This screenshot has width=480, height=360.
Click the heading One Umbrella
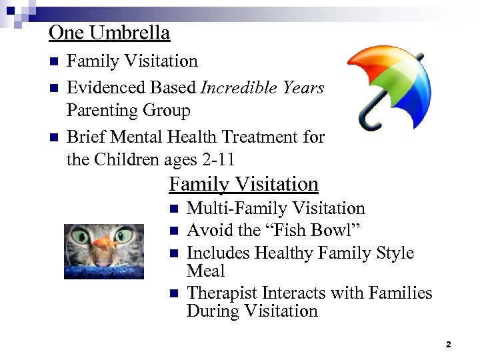109,32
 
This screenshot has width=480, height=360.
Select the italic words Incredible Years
262,87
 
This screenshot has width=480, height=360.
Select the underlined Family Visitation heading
243,184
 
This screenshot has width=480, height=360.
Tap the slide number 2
448,345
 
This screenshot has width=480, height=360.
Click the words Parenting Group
128,110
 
